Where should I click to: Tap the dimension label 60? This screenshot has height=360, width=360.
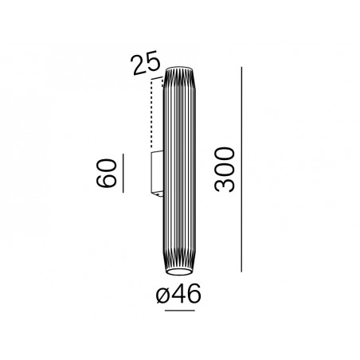click(106, 174)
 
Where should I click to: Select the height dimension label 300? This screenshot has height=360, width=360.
click(225, 170)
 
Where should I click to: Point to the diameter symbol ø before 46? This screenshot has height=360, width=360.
click(162, 295)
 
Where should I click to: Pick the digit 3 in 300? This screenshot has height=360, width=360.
click(225, 185)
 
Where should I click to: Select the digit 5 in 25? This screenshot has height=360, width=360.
click(153, 61)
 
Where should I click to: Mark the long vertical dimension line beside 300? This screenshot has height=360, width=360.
click(241, 170)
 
